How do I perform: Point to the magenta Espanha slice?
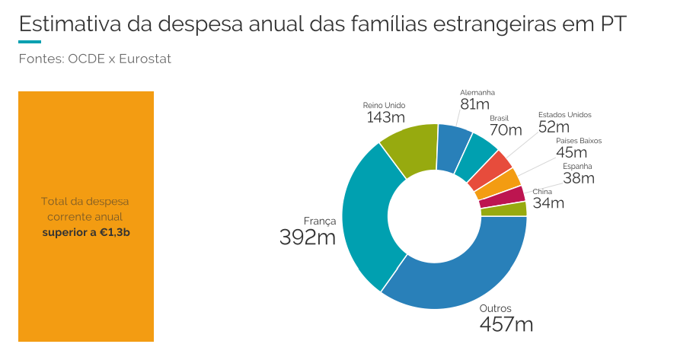pyautogui.click(x=512, y=196)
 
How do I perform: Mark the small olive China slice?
pyautogui.click(x=514, y=209)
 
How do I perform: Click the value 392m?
pyautogui.click(x=307, y=237)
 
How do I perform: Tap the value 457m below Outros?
pyautogui.click(x=506, y=325)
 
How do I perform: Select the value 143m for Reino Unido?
pyautogui.click(x=385, y=118)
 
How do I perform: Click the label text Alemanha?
pyautogui.click(x=477, y=92)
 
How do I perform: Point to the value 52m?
pyautogui.click(x=554, y=127)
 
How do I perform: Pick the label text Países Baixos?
pyautogui.click(x=579, y=141)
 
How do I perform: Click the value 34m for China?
pyautogui.click(x=548, y=203)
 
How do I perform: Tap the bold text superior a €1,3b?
pyautogui.click(x=86, y=232)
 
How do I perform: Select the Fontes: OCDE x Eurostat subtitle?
pyautogui.click(x=94, y=59)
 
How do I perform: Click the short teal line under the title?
pyautogui.click(x=30, y=42)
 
